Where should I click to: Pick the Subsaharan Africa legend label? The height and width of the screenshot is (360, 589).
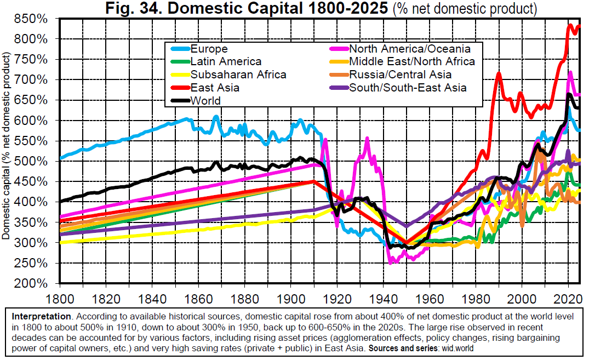(x=238, y=75)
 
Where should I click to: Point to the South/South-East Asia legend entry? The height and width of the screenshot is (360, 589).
(x=408, y=88)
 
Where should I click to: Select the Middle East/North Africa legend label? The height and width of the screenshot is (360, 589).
(x=412, y=62)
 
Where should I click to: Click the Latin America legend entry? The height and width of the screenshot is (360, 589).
(x=226, y=62)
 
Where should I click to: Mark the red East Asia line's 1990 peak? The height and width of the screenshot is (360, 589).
(x=499, y=73)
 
